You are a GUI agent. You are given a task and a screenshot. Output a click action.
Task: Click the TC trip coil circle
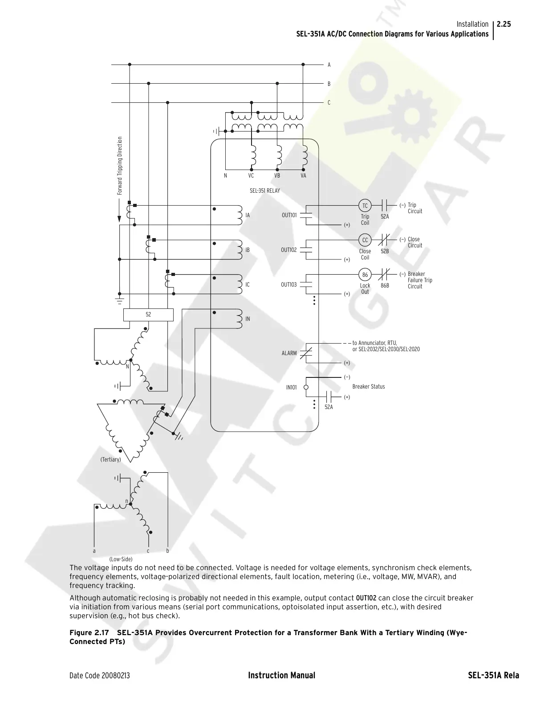point(365,205)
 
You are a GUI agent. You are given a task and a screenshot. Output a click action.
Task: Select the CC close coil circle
point(365,240)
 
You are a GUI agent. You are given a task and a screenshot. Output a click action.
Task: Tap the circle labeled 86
point(365,275)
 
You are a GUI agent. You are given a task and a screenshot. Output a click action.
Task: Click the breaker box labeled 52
point(148,315)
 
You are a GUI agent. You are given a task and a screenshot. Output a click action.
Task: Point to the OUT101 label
point(289,215)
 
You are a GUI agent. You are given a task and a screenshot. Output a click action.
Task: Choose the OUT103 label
point(288,285)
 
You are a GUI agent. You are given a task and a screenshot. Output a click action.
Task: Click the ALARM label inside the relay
point(289,353)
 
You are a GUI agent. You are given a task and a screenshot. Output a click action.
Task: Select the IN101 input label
point(291,388)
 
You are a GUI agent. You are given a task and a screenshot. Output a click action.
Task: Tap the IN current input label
point(248,319)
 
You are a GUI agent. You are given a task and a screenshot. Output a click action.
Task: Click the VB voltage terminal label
point(277,176)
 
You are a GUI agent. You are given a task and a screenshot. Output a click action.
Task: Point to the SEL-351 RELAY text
point(265,191)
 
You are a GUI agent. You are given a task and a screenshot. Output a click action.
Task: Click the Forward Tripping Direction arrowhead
point(119,219)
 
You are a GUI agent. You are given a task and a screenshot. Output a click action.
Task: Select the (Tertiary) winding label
point(110,460)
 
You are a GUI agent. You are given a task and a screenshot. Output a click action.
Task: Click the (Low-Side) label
point(121,559)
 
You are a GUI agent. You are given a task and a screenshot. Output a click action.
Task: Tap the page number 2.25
point(503,24)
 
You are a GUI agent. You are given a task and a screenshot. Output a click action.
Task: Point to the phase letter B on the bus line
point(329,84)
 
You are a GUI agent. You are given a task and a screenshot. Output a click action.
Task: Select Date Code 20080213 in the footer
point(100,676)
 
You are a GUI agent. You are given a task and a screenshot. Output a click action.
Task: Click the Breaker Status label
point(369,387)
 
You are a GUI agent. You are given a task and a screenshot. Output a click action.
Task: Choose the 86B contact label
point(385,286)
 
